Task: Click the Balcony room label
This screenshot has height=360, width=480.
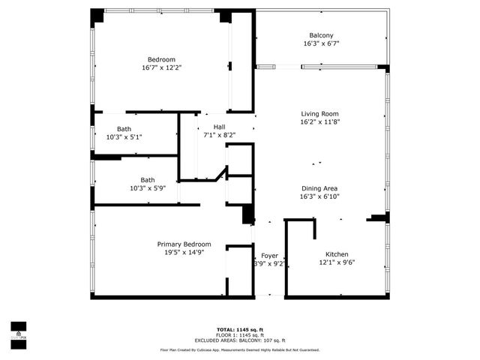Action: click(321, 35)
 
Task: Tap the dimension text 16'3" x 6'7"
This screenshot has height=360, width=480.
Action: click(321, 43)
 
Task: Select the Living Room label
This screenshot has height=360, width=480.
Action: click(320, 113)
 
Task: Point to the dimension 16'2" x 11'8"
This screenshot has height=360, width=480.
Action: click(320, 121)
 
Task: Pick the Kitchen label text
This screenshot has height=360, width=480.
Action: click(336, 253)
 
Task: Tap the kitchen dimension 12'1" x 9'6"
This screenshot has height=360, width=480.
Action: click(336, 262)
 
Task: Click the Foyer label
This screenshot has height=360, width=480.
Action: click(269, 256)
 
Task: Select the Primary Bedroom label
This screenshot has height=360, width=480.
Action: click(184, 244)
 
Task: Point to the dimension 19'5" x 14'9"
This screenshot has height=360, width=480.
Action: click(184, 253)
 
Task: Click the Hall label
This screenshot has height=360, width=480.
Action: click(219, 127)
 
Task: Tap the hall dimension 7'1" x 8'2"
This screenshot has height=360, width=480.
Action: click(219, 135)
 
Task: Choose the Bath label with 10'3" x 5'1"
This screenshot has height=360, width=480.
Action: click(124, 129)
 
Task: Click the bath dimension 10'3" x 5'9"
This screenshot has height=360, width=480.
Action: click(148, 188)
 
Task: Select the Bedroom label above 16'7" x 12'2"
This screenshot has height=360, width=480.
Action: click(161, 59)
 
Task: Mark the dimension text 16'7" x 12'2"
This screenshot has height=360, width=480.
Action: click(161, 67)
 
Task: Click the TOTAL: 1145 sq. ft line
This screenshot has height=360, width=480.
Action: click(239, 329)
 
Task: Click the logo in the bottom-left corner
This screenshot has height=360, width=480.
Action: click(17, 331)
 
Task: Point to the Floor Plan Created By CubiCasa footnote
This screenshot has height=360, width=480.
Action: click(239, 349)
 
